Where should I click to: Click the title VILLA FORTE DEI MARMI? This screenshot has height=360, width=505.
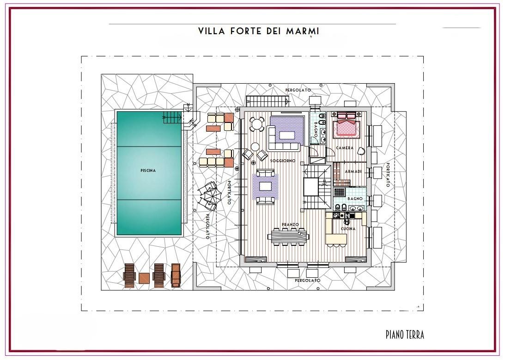click(x=258, y=31)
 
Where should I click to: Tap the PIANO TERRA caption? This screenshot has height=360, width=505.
click(x=405, y=335)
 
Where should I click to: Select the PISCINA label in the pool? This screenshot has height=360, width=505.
click(x=148, y=171)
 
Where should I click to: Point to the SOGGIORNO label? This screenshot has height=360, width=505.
click(x=283, y=161)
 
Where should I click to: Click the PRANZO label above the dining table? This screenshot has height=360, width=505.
click(x=291, y=225)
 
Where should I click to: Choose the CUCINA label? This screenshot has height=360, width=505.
click(x=348, y=229)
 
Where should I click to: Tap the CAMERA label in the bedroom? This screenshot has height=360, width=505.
click(x=345, y=148)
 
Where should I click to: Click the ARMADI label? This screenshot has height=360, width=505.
click(x=353, y=171)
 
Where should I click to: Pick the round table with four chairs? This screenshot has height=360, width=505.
click(x=257, y=124)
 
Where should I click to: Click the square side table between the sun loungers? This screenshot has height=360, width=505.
click(x=144, y=278)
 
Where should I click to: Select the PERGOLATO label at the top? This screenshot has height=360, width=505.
click(x=298, y=90)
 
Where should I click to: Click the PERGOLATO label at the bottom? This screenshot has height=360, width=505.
click(x=308, y=281)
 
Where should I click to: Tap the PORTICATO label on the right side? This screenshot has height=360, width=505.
click(x=388, y=175)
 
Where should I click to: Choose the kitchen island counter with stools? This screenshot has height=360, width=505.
click(x=336, y=240)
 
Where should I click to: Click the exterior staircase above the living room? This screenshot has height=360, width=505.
click(x=267, y=101)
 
